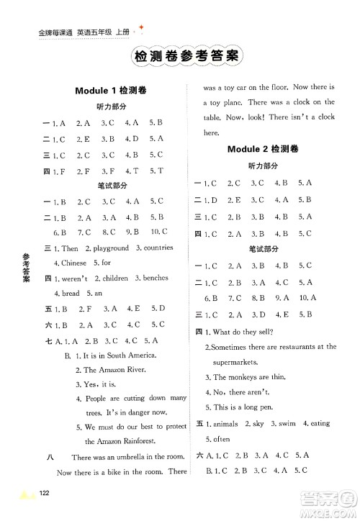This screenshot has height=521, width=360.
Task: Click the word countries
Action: (157, 248)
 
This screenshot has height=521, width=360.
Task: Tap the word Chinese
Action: (73, 263)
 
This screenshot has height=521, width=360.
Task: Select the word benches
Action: (160, 278)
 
